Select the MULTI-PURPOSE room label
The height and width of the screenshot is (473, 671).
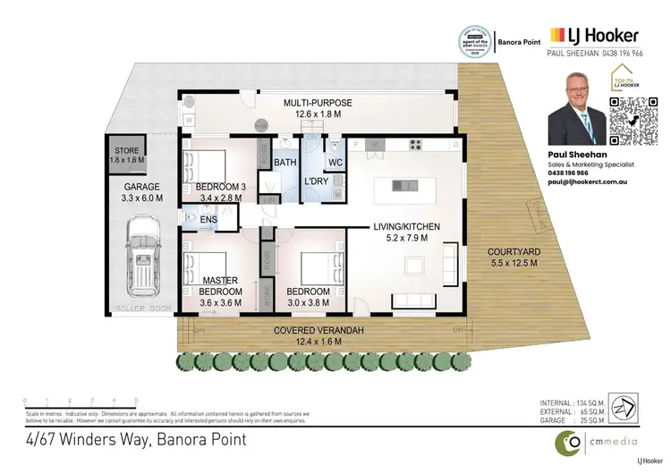318,108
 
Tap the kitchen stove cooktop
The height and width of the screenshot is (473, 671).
417,144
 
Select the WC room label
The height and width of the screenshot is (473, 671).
335,162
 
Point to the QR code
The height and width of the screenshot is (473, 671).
631,122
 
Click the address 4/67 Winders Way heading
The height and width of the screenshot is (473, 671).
134,439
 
